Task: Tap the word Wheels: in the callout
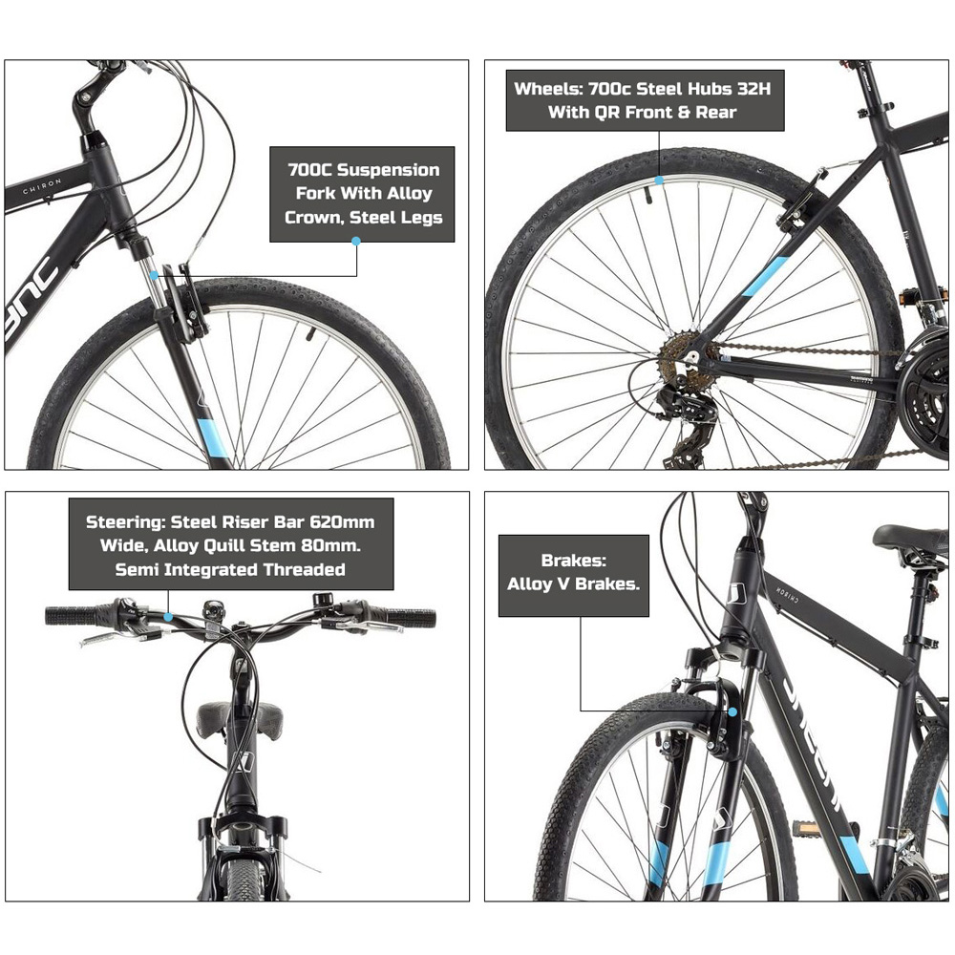click(x=548, y=89)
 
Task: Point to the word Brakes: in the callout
click(x=573, y=561)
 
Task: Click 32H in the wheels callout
click(x=753, y=89)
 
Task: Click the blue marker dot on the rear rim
click(x=659, y=180)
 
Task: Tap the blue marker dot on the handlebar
click(x=168, y=617)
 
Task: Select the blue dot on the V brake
click(x=732, y=711)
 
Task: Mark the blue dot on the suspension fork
click(x=154, y=275)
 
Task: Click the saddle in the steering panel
click(x=240, y=719)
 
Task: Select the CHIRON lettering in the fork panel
click(x=42, y=186)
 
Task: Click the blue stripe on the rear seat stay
click(x=766, y=275)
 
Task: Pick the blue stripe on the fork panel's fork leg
click(x=213, y=438)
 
